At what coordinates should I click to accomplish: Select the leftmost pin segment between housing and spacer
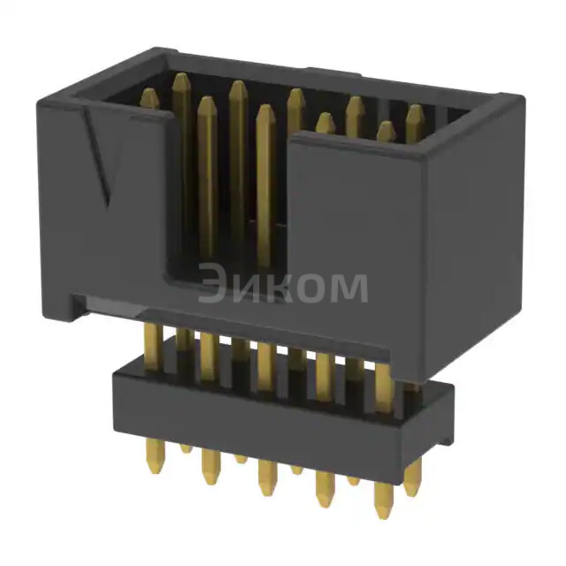click(x=153, y=340)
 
